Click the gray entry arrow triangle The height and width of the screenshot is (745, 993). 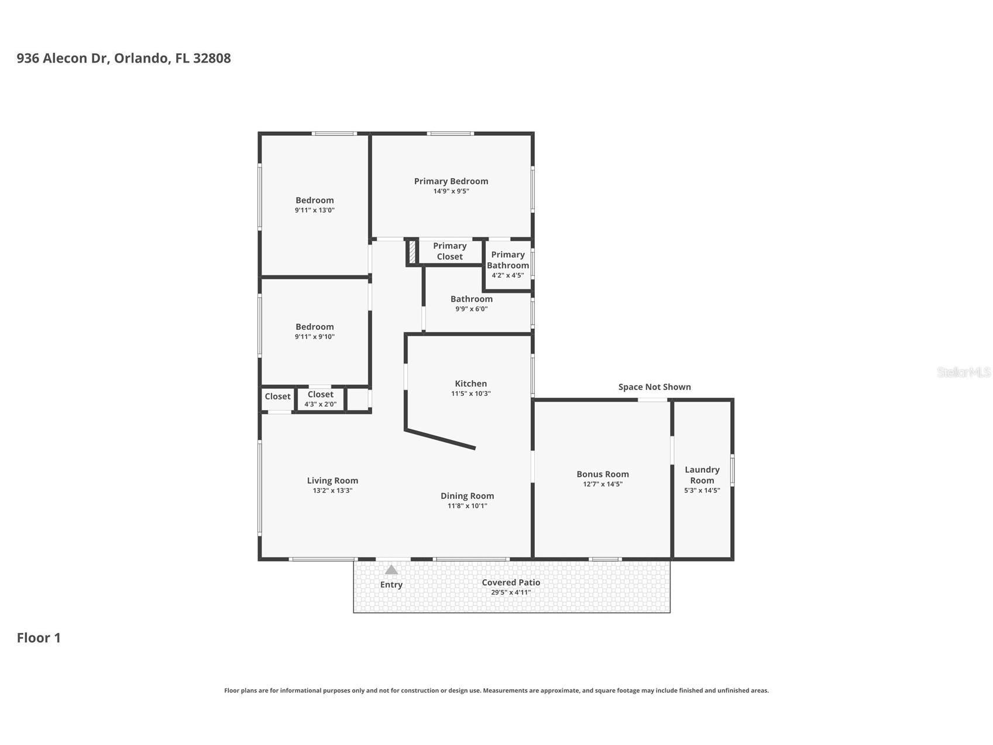point(391,569)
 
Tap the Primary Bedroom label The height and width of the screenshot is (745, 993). point(451,181)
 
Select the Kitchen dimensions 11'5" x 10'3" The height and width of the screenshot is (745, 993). point(471,394)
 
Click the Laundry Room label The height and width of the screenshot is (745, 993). point(702,475)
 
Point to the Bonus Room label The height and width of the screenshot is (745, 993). point(603,474)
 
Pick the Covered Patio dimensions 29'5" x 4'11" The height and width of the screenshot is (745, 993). point(511,592)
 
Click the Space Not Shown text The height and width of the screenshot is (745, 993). point(655,387)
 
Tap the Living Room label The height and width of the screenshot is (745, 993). point(332,480)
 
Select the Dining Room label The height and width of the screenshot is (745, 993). point(468,495)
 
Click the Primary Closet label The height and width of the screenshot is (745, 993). point(450,251)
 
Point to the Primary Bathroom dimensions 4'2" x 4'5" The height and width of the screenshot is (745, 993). point(508,275)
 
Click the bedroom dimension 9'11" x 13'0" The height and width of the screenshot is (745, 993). point(315,210)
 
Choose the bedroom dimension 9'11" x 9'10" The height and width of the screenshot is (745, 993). point(315,337)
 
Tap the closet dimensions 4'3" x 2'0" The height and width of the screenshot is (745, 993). point(321,404)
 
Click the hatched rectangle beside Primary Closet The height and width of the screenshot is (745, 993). point(412,252)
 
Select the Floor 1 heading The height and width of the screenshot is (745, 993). point(39,638)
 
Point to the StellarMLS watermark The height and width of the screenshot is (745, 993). point(964,372)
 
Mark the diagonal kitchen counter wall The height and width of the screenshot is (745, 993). point(440,439)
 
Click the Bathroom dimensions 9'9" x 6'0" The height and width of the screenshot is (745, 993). point(472,309)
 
